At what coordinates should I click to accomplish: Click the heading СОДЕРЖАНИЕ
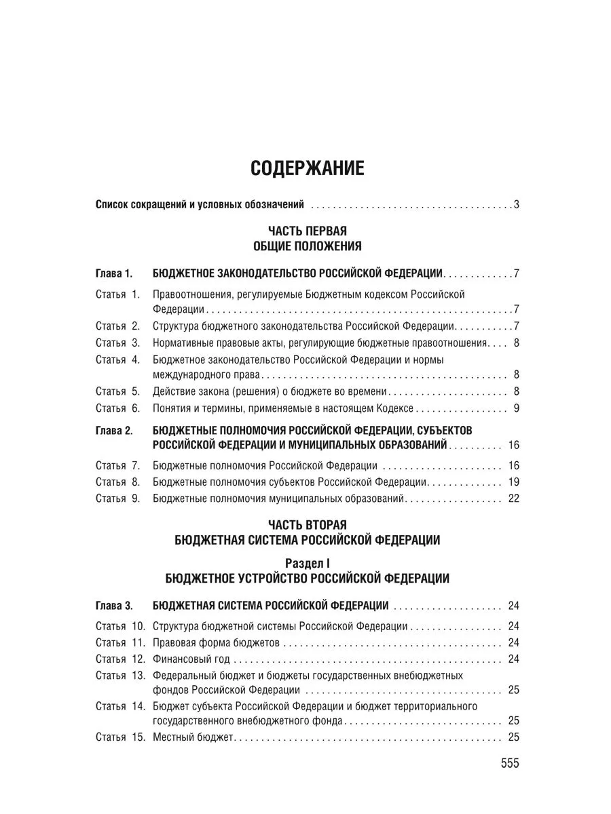(x=308, y=168)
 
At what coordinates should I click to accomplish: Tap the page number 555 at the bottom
(x=509, y=763)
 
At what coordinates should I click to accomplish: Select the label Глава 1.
(x=114, y=274)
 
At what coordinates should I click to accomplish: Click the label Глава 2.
(x=114, y=431)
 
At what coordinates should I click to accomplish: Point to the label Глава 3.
(x=114, y=606)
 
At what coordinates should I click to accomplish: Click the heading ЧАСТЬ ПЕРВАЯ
(x=308, y=231)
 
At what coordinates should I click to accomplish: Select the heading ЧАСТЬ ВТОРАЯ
(x=308, y=525)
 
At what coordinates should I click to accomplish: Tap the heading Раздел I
(x=308, y=563)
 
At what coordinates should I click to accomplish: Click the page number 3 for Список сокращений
(x=516, y=204)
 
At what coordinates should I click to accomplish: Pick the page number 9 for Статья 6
(x=516, y=408)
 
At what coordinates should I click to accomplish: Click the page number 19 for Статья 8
(x=513, y=482)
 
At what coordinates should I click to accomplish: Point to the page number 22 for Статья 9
(x=513, y=499)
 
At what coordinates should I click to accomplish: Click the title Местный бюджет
(x=193, y=737)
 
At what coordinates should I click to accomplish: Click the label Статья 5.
(x=117, y=391)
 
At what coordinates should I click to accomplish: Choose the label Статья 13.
(x=120, y=676)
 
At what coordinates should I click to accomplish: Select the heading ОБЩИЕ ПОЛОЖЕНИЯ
(x=308, y=246)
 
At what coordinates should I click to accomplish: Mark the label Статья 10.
(x=120, y=626)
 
